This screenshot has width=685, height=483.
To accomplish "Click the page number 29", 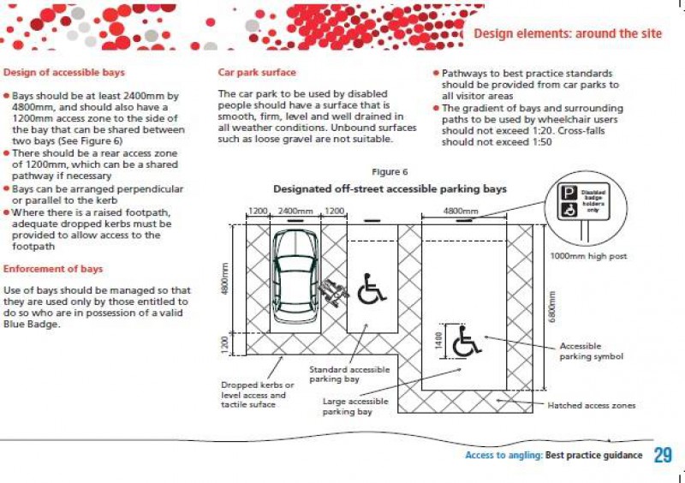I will pos(663,455).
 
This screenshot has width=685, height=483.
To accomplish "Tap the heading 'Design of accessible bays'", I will pos(64,73).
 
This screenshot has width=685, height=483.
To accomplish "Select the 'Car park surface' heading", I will pos(257,73).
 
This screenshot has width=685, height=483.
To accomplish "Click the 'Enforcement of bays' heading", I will pos(53,269).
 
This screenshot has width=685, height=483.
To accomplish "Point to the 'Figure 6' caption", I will pos(390,172).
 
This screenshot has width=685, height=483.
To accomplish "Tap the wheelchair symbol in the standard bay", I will pos(371,289).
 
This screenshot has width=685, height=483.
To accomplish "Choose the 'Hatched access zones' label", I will pos(592,405).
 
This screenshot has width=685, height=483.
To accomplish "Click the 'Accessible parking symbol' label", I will pos(591,351).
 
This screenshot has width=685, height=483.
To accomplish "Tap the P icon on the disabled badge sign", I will pos(567,194).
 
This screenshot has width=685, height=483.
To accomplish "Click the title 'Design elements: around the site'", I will pos(568,33).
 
